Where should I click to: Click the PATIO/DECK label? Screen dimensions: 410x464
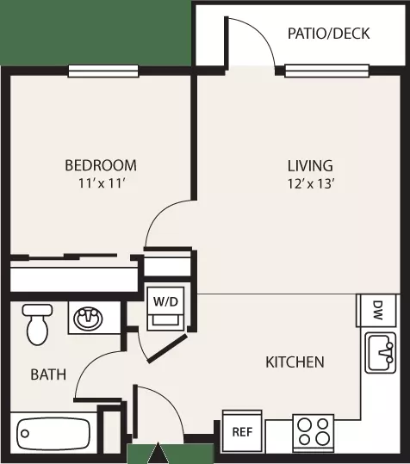[x=328, y=34]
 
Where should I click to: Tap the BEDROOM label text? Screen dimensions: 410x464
[x=101, y=165]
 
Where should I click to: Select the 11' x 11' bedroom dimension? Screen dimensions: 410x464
[x=101, y=183]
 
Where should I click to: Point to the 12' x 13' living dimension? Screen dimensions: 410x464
[x=311, y=184]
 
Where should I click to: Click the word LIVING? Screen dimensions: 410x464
[x=310, y=165]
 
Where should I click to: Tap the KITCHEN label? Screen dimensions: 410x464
[x=295, y=362]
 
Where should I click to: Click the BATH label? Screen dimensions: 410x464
[x=48, y=374]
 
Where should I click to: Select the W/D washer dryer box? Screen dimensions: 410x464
[x=165, y=308]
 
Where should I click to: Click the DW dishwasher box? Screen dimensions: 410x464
[x=376, y=311]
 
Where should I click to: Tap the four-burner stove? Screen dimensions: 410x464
[x=314, y=433]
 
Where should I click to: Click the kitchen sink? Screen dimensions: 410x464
[x=381, y=353]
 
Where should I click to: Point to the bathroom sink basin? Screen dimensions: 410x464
[x=89, y=319]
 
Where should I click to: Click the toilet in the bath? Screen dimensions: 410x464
[x=37, y=325]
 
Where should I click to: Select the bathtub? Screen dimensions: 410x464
[x=53, y=434]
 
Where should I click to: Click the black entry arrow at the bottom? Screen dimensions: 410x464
[x=158, y=453]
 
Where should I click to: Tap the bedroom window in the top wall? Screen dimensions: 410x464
[x=103, y=71]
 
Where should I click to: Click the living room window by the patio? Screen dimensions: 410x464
[x=326, y=71]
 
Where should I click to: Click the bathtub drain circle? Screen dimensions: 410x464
[x=25, y=434]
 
